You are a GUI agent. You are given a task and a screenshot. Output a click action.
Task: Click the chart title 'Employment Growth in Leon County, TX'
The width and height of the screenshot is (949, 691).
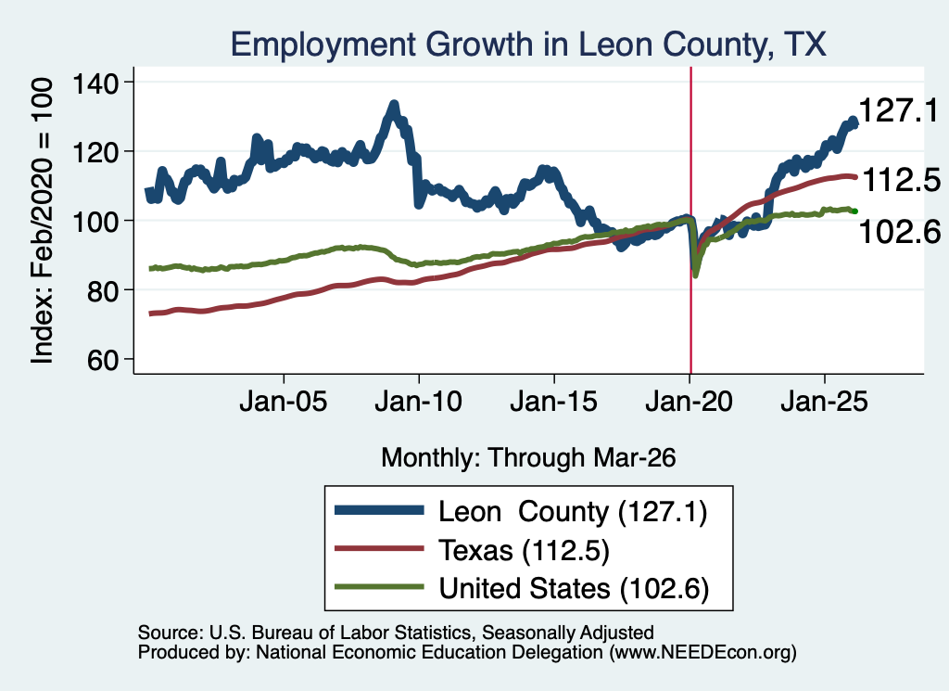pyautogui.click(x=527, y=45)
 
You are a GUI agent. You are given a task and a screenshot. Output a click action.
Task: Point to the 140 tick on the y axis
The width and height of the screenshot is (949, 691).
pyautogui.click(x=95, y=83)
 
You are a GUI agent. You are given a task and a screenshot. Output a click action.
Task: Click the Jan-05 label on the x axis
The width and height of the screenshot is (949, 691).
pyautogui.click(x=284, y=402)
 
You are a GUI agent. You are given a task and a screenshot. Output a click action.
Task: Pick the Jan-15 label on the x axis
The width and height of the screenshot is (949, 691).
pyautogui.click(x=554, y=402)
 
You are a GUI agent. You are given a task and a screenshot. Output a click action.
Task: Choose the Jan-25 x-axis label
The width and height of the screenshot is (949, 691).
pyautogui.click(x=824, y=402)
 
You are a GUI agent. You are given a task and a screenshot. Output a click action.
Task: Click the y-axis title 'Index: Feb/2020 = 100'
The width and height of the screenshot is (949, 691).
pyautogui.click(x=42, y=221)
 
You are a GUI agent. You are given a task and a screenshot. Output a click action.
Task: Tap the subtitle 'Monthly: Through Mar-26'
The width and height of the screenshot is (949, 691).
pyautogui.click(x=528, y=458)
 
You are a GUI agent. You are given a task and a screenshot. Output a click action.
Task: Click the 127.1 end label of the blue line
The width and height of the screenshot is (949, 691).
pyautogui.click(x=898, y=110)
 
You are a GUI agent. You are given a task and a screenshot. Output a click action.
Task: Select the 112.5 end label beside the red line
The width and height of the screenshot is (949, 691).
pyautogui.click(x=901, y=181)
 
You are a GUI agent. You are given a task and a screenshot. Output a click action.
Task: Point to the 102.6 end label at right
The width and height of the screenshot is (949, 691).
pyautogui.click(x=900, y=232)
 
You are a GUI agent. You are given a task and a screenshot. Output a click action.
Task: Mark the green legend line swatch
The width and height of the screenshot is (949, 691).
pyautogui.click(x=379, y=586)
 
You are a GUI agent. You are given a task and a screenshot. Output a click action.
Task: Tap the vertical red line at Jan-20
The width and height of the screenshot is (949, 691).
pyautogui.click(x=690, y=221)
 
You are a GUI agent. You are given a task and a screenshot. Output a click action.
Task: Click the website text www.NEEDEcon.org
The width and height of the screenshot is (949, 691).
pyautogui.click(x=702, y=652)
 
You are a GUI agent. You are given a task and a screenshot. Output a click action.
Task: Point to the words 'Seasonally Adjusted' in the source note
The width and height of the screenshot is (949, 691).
pyautogui.click(x=568, y=633)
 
